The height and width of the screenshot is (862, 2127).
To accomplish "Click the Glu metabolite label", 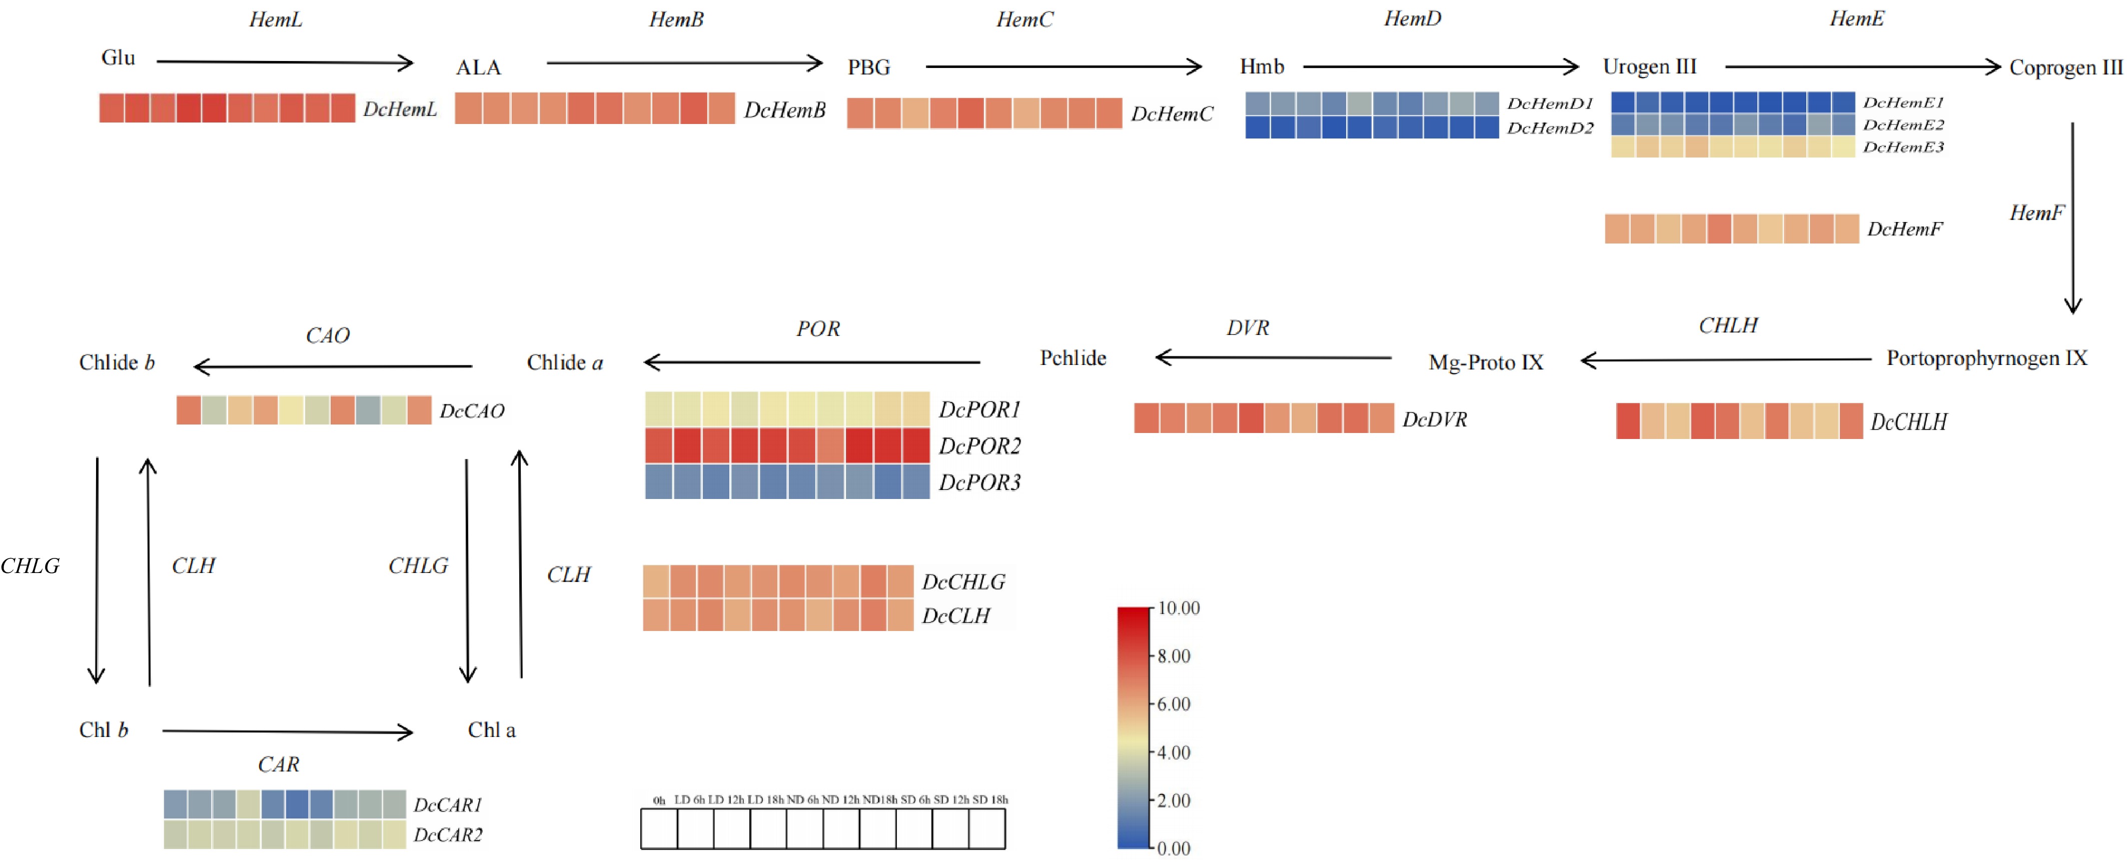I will coord(118,58).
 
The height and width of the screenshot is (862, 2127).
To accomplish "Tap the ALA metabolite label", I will coord(478,67).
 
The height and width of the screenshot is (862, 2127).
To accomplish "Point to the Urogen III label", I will coord(1649,67).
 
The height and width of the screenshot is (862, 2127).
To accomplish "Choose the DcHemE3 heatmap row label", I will coord(1903,147).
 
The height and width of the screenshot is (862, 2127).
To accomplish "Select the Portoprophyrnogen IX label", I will coord(1986,358).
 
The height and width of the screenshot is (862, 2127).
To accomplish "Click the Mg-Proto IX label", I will coord(1485,362).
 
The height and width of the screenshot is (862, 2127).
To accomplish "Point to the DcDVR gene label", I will coord(1434,419).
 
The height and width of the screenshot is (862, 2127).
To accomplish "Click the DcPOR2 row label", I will coord(979,446).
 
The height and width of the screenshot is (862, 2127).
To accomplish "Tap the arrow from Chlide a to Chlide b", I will coord(333,366).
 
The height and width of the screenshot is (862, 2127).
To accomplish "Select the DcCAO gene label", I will coord(472,411).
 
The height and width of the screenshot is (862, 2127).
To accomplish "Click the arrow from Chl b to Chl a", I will coord(287,730).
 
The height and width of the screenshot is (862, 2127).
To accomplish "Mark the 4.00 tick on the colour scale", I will coord(1174,752).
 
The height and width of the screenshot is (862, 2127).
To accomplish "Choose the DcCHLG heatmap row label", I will coord(963,582).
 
